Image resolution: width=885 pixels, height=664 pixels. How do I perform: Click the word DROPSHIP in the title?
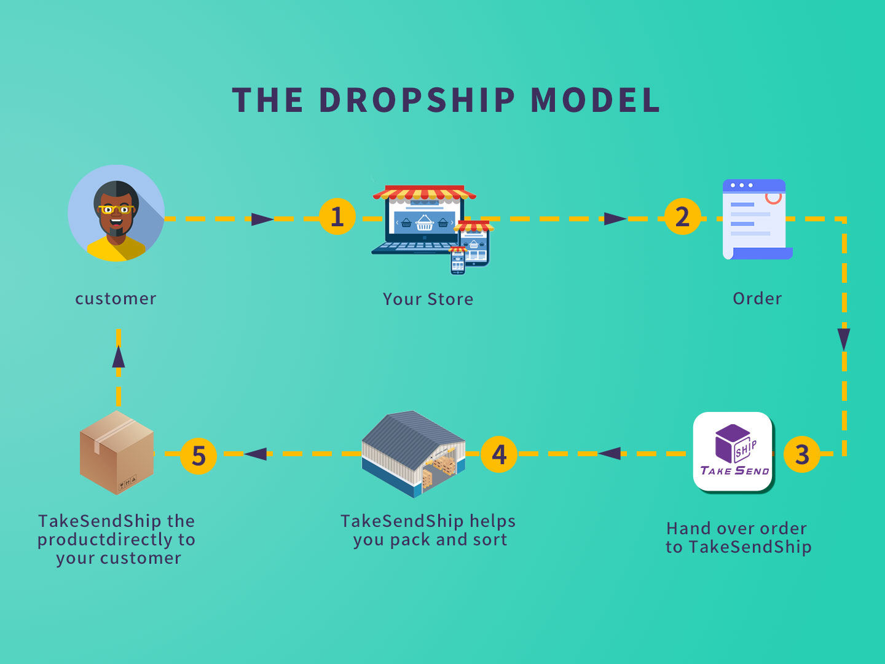[417, 100]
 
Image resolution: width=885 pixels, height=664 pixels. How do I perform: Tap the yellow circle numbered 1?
[337, 216]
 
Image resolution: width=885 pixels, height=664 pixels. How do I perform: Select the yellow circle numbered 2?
[682, 216]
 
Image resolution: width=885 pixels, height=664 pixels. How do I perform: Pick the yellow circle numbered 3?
[801, 454]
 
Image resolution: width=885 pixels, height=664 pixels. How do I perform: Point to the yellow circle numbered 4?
[499, 454]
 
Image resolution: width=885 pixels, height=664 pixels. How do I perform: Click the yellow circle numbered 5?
[198, 456]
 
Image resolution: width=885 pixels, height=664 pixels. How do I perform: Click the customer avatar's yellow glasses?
[116, 210]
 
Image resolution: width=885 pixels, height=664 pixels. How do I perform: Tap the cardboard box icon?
[117, 453]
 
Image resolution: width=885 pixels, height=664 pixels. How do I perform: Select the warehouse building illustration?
[414, 454]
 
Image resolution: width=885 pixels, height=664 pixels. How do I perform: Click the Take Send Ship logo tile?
[733, 451]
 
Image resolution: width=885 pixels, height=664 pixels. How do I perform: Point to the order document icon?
[757, 219]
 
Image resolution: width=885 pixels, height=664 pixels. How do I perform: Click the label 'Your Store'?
[428, 299]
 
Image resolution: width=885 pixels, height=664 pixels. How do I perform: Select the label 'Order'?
[757, 299]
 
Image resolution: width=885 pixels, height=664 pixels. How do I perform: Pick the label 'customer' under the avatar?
[116, 299]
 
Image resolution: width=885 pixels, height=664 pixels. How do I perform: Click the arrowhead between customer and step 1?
[262, 219]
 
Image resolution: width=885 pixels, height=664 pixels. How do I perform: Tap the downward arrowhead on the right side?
[843, 339]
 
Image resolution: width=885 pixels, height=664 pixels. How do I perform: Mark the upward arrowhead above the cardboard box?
[118, 357]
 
